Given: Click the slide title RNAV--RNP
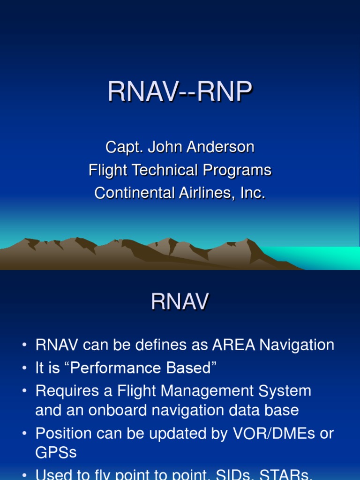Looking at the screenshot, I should (180, 92).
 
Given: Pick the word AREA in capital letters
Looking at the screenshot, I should (233, 345).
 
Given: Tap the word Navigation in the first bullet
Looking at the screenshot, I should (297, 345).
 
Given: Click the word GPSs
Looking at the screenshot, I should (56, 452).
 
